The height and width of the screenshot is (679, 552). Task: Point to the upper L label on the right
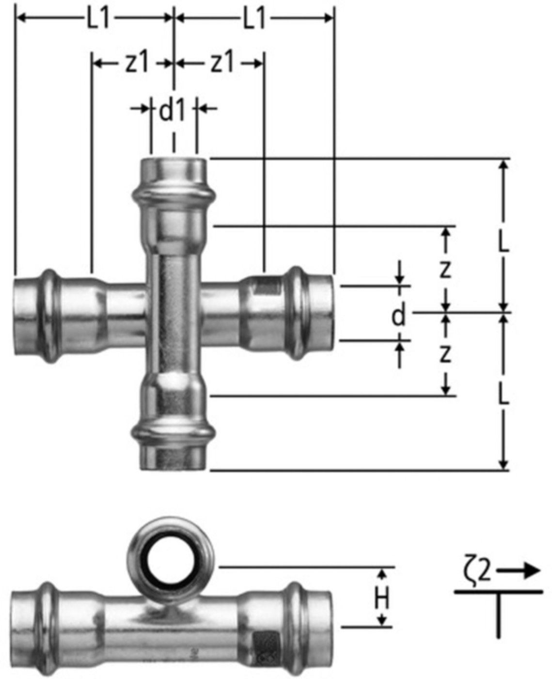click(504, 242)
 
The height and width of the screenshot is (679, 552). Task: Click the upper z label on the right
click(445, 269)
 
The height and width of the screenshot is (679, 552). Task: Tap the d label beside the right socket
click(398, 316)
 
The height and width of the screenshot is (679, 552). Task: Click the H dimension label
click(382, 600)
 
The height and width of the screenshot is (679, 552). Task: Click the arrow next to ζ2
click(519, 572)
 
